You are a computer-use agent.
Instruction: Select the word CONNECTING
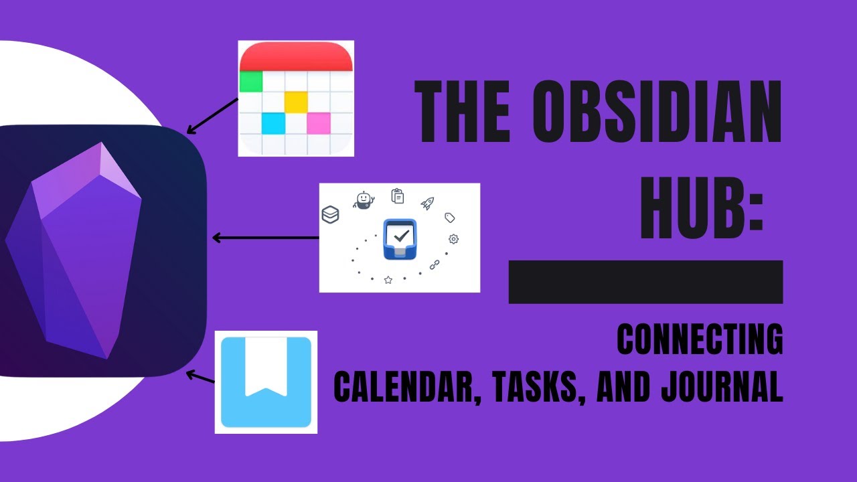click(x=700, y=340)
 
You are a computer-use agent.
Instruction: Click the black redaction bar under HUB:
click(x=645, y=282)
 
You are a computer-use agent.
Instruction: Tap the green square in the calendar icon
click(x=250, y=82)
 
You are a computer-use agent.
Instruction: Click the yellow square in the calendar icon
click(x=296, y=102)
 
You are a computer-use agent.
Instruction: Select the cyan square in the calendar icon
click(x=272, y=123)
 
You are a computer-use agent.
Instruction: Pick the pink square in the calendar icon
click(x=319, y=123)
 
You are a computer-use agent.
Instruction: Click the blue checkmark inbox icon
click(x=400, y=239)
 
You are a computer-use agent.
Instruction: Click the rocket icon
click(x=427, y=203)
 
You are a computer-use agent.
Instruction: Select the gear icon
click(x=453, y=239)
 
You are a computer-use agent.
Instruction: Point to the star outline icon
click(x=388, y=280)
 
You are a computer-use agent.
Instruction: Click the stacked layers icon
click(x=331, y=214)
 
